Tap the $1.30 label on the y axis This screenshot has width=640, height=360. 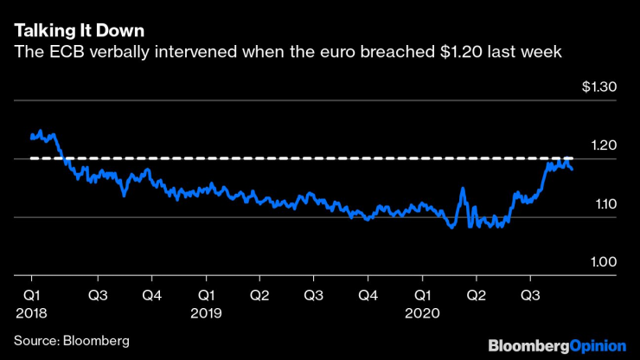click(x=598, y=87)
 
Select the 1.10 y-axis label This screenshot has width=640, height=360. click(x=602, y=204)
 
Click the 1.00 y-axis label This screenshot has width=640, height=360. click(x=602, y=262)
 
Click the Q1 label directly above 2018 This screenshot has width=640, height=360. click(x=31, y=294)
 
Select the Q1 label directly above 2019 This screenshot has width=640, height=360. click(x=205, y=294)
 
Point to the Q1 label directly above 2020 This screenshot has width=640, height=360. click(x=421, y=294)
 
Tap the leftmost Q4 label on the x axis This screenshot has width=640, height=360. click(x=151, y=294)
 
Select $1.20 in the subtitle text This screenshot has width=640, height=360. click(x=458, y=54)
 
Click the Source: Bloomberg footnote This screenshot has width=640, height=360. click(x=71, y=340)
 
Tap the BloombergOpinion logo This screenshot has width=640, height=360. click(x=556, y=345)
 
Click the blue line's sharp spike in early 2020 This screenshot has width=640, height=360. click(x=463, y=189)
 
